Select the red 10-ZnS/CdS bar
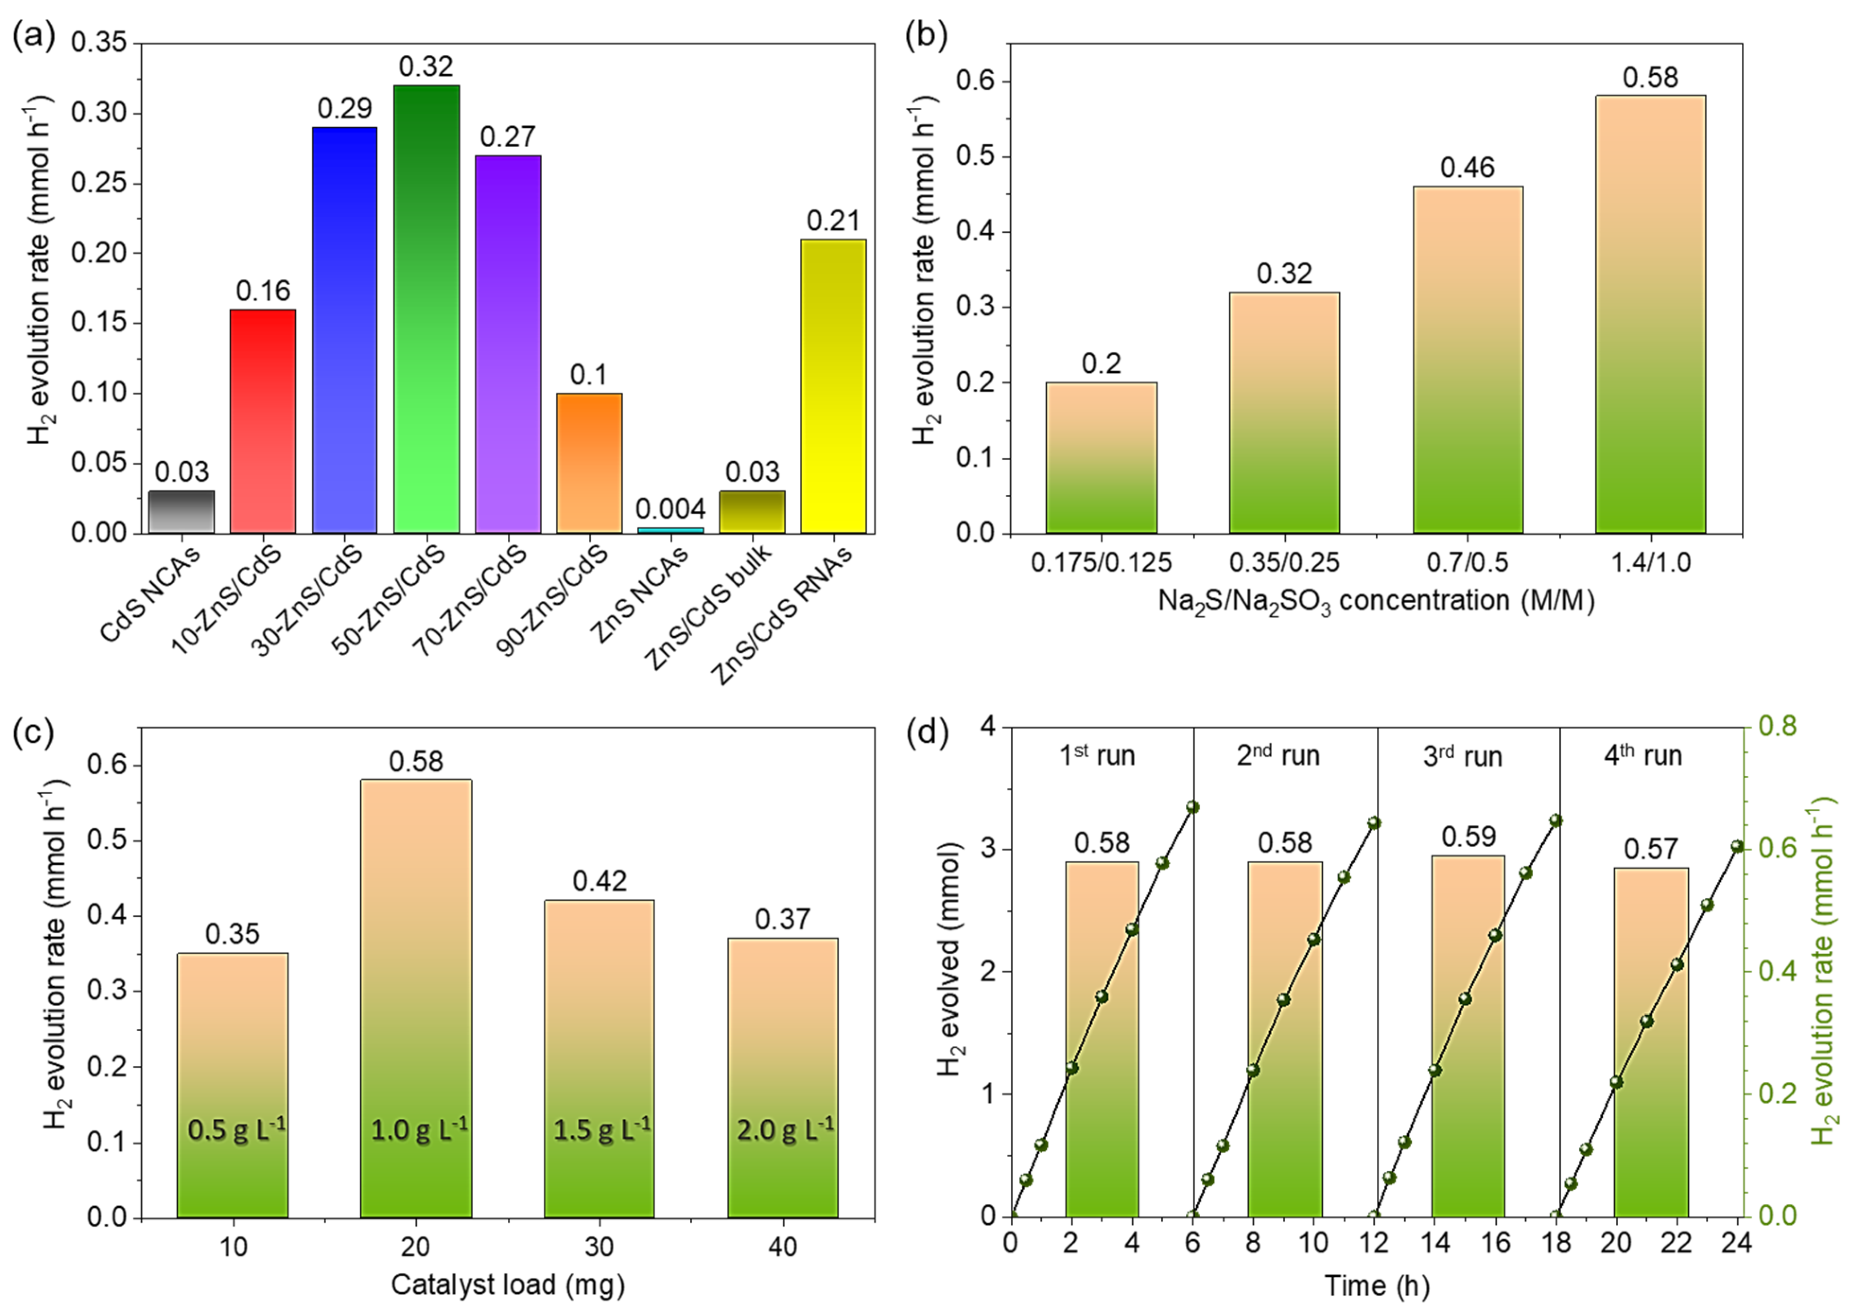[263, 421]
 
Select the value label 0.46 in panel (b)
[1468, 168]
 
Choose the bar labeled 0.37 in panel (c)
[782, 1078]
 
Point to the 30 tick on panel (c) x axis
[599, 1246]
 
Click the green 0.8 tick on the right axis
[1776, 727]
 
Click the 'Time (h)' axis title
[1377, 1286]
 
